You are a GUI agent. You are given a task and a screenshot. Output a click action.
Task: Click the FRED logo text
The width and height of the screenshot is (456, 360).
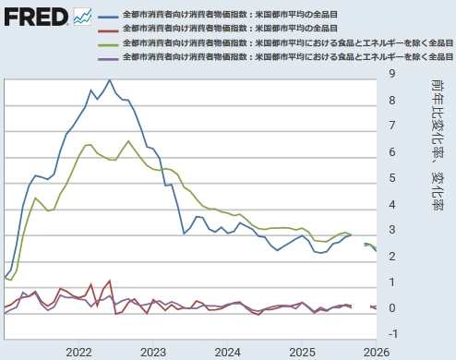(35, 17)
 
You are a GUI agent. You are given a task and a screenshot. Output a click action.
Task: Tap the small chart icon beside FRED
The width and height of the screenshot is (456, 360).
(82, 17)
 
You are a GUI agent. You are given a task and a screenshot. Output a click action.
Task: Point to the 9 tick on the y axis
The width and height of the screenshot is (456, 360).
(393, 74)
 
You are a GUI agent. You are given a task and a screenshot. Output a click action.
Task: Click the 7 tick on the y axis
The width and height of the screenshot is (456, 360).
(393, 126)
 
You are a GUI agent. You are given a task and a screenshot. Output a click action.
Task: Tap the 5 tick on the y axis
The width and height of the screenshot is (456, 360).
(393, 177)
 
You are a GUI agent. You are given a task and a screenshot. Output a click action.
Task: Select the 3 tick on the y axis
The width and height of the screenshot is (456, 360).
(393, 230)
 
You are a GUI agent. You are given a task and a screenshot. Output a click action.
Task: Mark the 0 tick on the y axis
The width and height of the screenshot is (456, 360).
(393, 307)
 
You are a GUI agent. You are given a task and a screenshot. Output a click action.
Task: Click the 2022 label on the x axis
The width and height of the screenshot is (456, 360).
(78, 352)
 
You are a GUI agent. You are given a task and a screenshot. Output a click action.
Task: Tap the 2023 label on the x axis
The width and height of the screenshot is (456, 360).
(152, 352)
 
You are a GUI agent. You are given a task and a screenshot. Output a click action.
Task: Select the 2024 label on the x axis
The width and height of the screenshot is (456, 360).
(226, 352)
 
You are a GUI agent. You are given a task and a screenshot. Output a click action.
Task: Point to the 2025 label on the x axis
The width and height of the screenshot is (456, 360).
(301, 352)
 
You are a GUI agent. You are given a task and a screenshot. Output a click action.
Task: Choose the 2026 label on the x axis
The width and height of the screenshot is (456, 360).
(375, 352)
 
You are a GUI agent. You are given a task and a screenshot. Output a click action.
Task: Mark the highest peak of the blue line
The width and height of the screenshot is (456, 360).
(110, 80)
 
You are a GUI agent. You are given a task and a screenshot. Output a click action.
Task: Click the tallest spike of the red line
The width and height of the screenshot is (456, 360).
(109, 281)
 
